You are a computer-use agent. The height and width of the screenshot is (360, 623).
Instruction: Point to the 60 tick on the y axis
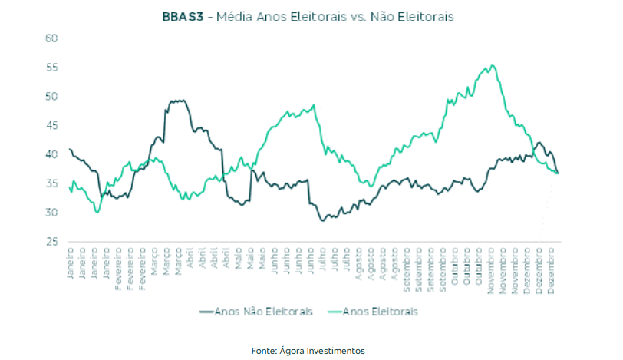click(x=52, y=38)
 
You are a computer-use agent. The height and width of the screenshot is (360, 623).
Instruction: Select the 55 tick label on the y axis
click(x=52, y=68)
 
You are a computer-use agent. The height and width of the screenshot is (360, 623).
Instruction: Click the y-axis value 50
click(x=52, y=97)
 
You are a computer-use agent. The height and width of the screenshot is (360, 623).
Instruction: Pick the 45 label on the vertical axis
click(x=52, y=126)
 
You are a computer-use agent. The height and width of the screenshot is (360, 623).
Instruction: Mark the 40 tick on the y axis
click(x=52, y=154)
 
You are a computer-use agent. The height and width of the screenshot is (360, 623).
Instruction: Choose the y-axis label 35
click(x=52, y=183)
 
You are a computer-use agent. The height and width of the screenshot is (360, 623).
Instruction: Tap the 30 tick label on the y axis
click(x=52, y=213)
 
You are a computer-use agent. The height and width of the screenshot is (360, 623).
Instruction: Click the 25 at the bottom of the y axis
click(x=52, y=242)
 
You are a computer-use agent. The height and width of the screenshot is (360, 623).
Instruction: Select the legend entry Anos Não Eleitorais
click(x=264, y=312)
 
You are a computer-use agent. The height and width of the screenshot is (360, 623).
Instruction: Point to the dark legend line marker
click(x=206, y=312)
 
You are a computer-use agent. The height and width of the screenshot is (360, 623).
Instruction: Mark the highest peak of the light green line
click(x=492, y=66)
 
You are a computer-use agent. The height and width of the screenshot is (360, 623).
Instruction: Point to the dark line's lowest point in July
click(x=323, y=220)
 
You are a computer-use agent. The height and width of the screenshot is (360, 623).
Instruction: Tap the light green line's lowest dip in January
click(x=97, y=212)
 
